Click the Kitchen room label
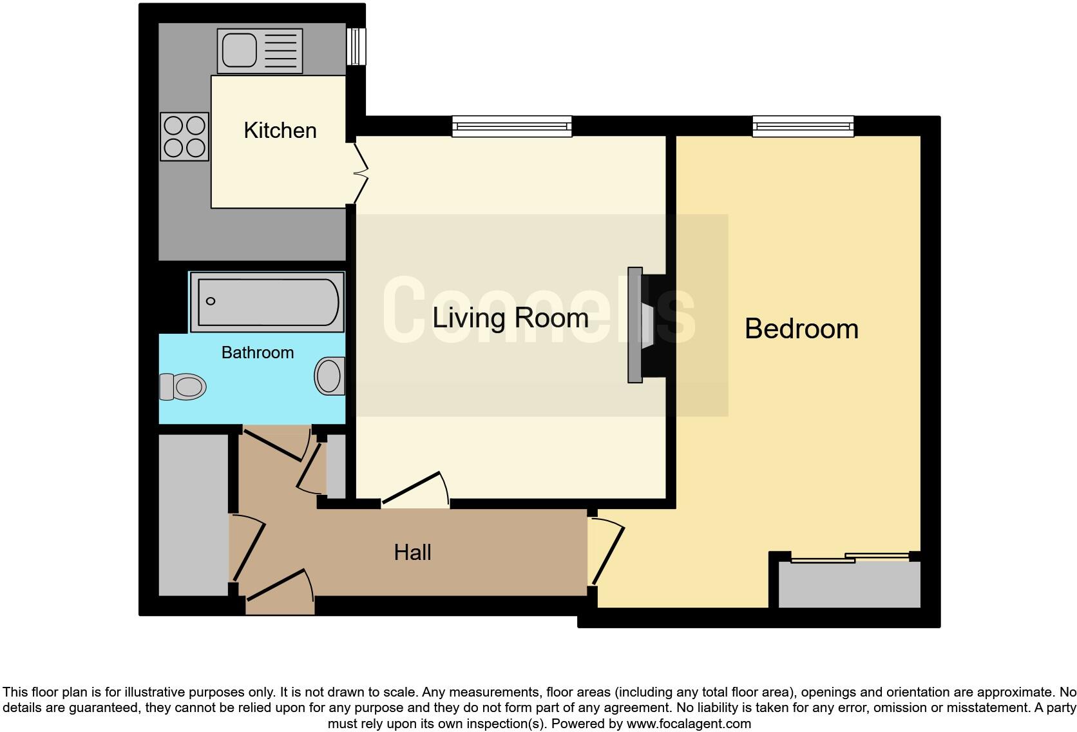(280, 131)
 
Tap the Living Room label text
(510, 318)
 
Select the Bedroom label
(801, 329)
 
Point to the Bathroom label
(257, 352)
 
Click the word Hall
(412, 552)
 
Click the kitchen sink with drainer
(260, 51)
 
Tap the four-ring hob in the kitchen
(184, 137)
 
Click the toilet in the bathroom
(182, 387)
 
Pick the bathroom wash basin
(330, 376)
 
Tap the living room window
(511, 126)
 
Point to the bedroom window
(803, 126)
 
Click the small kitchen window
(356, 46)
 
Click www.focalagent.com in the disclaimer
(689, 724)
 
